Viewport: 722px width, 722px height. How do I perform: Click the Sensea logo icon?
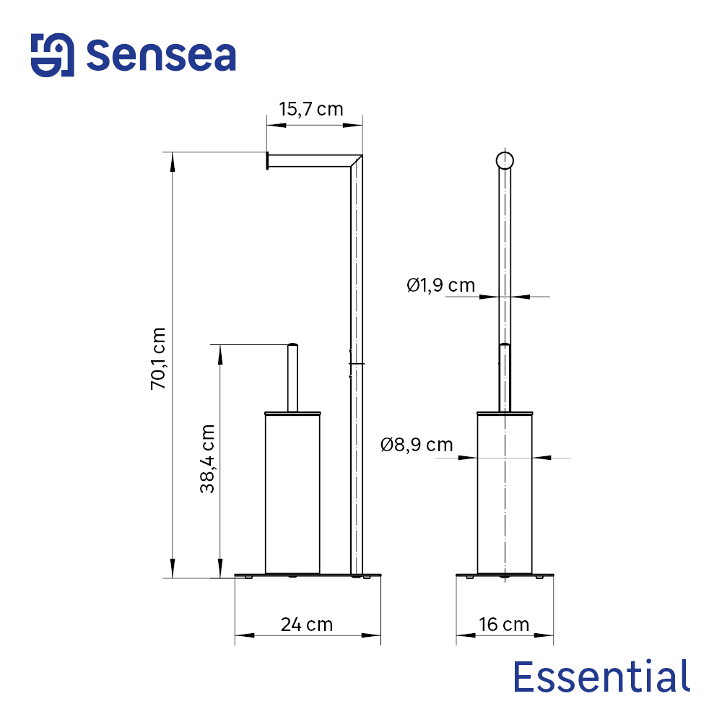click(x=52, y=55)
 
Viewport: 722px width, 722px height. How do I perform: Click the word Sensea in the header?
click(x=161, y=56)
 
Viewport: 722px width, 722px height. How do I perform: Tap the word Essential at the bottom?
click(x=601, y=677)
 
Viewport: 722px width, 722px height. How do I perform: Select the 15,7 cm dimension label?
click(x=311, y=109)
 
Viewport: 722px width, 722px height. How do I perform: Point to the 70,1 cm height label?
click(x=158, y=359)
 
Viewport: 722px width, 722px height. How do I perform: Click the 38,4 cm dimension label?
click(x=208, y=458)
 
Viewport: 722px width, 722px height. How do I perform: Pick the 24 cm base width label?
click(x=307, y=624)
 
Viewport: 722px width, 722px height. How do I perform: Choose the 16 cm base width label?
click(x=504, y=624)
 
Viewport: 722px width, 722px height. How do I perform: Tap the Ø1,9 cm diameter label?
click(x=440, y=285)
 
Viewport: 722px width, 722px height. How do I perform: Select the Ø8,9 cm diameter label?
click(x=417, y=445)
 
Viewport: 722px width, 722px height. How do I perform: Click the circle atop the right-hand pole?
click(x=505, y=160)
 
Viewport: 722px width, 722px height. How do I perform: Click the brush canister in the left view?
click(x=292, y=493)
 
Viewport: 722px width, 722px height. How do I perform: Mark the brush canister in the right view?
click(x=505, y=493)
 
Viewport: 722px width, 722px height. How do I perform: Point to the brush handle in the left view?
click(x=292, y=377)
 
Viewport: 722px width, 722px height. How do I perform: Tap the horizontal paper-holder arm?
click(x=310, y=160)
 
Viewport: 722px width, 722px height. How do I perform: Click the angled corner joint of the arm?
click(x=355, y=160)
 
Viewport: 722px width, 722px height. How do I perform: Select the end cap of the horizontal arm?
click(x=268, y=160)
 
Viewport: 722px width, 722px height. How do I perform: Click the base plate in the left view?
click(x=307, y=575)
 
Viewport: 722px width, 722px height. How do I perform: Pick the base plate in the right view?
click(x=505, y=575)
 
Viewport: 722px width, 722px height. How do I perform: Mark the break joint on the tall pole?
click(x=356, y=364)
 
